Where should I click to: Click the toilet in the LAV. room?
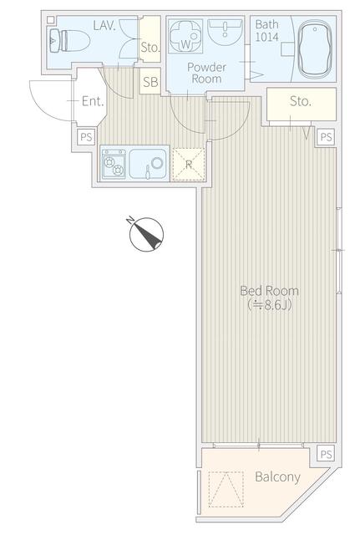(69, 40)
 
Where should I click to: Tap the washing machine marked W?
(185, 36)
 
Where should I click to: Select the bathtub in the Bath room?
(314, 48)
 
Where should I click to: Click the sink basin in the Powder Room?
(225, 32)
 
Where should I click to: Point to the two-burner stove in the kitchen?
(114, 164)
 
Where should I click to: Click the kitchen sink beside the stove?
(148, 164)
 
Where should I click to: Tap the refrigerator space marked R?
(189, 164)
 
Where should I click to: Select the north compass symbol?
(146, 234)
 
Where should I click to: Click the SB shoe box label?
(150, 82)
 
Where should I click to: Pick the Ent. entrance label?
(93, 101)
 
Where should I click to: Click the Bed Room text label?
(269, 291)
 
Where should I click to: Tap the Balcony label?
(277, 476)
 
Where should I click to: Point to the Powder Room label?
(206, 73)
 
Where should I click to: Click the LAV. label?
(104, 26)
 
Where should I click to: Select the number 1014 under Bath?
(267, 37)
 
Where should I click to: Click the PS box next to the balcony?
(326, 454)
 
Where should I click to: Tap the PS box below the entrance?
(86, 137)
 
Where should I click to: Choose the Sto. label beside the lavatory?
(150, 48)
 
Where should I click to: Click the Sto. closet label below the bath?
(301, 101)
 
